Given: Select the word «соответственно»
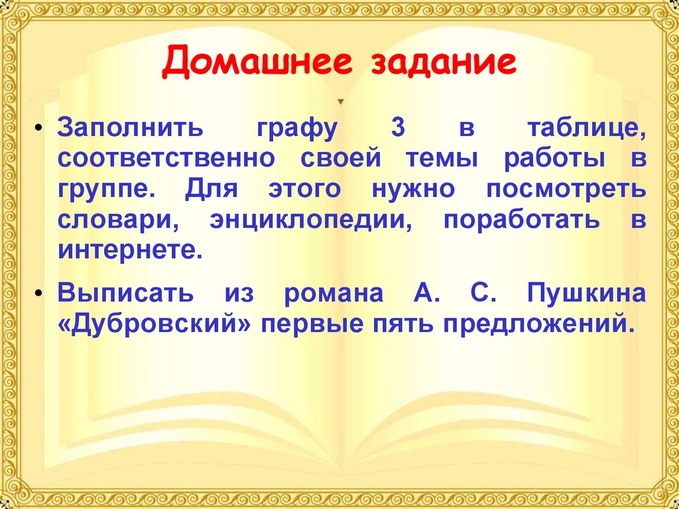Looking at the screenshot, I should coord(165,159).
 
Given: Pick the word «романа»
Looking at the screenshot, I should coord(334,294).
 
